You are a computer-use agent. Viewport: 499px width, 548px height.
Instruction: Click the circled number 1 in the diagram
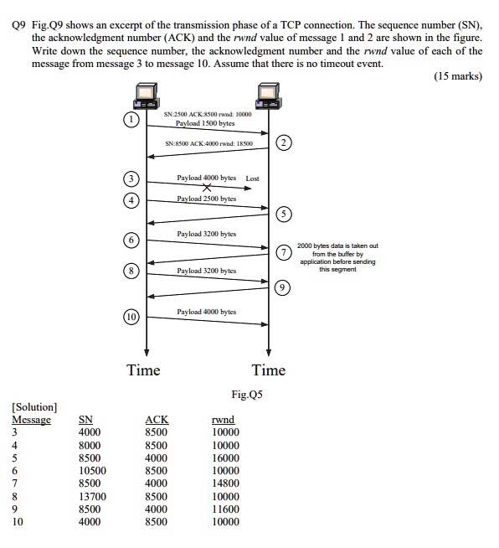click(130, 120)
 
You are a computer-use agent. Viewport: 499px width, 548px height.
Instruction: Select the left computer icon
click(147, 96)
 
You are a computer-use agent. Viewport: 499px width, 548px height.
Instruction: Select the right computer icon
click(268, 96)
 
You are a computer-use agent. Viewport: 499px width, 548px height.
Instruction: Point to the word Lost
click(252, 178)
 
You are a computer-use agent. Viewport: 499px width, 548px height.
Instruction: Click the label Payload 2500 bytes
click(206, 199)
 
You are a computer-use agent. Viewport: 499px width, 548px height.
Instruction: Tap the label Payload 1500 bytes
click(205, 123)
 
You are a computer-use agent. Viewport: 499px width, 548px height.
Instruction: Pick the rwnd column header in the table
click(224, 419)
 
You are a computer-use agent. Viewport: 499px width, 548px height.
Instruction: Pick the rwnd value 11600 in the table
click(225, 509)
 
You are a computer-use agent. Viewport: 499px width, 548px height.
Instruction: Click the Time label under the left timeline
click(143, 370)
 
